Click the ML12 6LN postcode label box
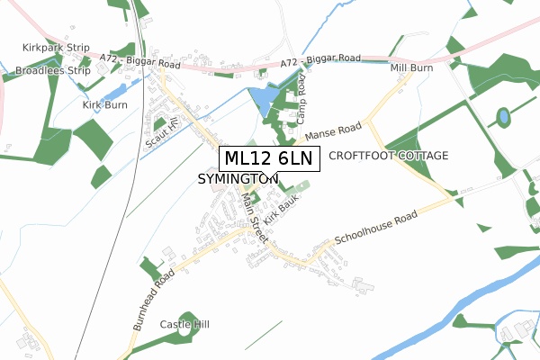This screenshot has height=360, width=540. tap(268, 159)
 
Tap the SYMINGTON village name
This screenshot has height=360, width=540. tap(238, 180)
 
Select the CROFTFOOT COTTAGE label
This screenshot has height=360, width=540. tap(388, 156)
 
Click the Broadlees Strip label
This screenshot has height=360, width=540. tap(54, 70)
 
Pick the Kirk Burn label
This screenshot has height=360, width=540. tap(104, 104)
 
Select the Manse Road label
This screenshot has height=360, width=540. tap(332, 131)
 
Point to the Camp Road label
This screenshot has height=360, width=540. tap(301, 98)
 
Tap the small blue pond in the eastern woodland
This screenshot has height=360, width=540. tap(502, 116)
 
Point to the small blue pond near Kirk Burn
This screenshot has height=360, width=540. tap(114, 91)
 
